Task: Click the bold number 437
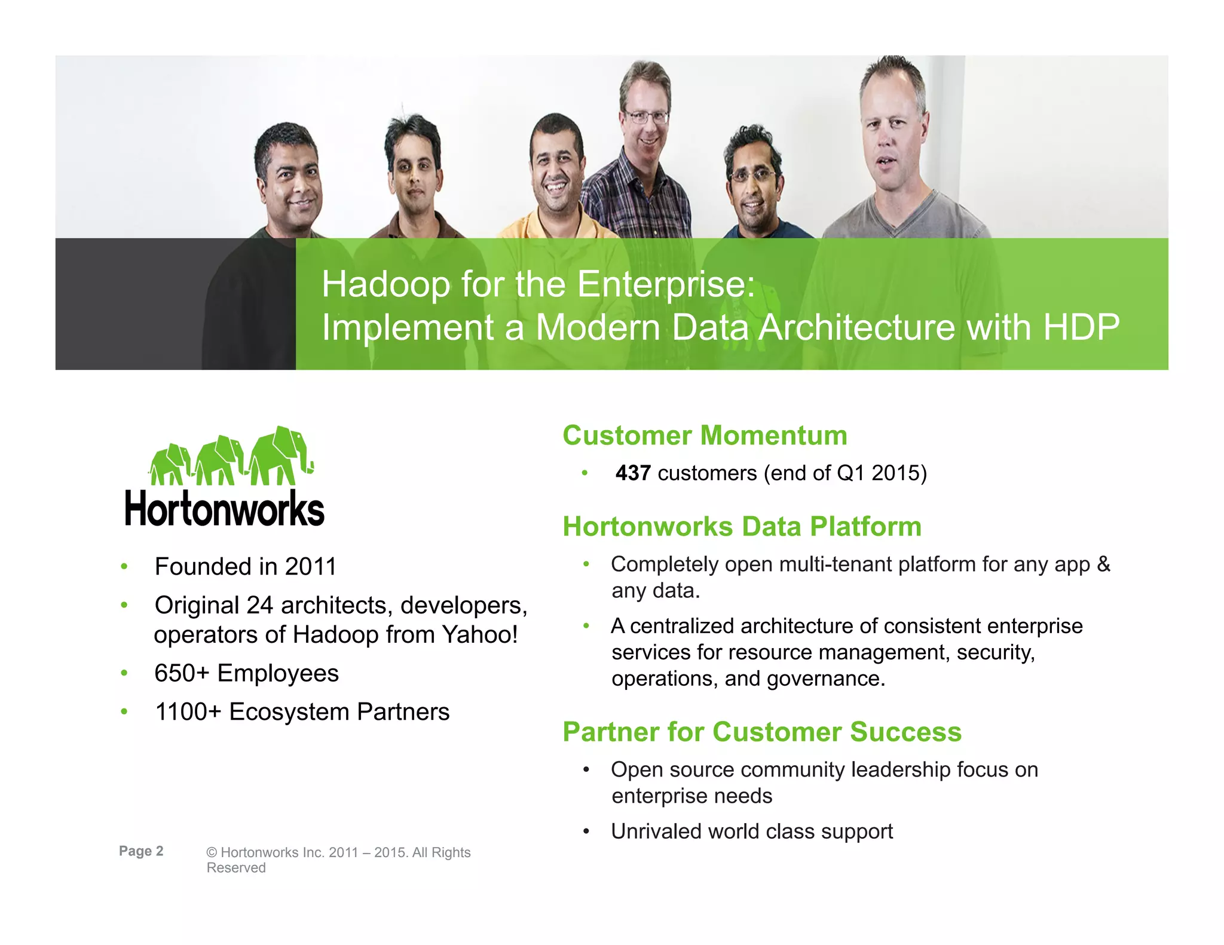coord(633,473)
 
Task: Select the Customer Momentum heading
coord(705,435)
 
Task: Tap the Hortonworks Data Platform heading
coord(742,527)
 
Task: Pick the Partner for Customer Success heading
coord(762,732)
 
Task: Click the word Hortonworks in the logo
coord(224,509)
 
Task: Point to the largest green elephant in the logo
coord(280,456)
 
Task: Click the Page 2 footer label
coord(141,851)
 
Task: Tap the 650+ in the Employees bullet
coord(182,673)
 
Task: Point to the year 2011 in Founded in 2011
coord(311,566)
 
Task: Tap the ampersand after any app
coord(1103,564)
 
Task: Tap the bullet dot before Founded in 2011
coord(124,566)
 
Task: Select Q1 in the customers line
coord(850,473)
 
